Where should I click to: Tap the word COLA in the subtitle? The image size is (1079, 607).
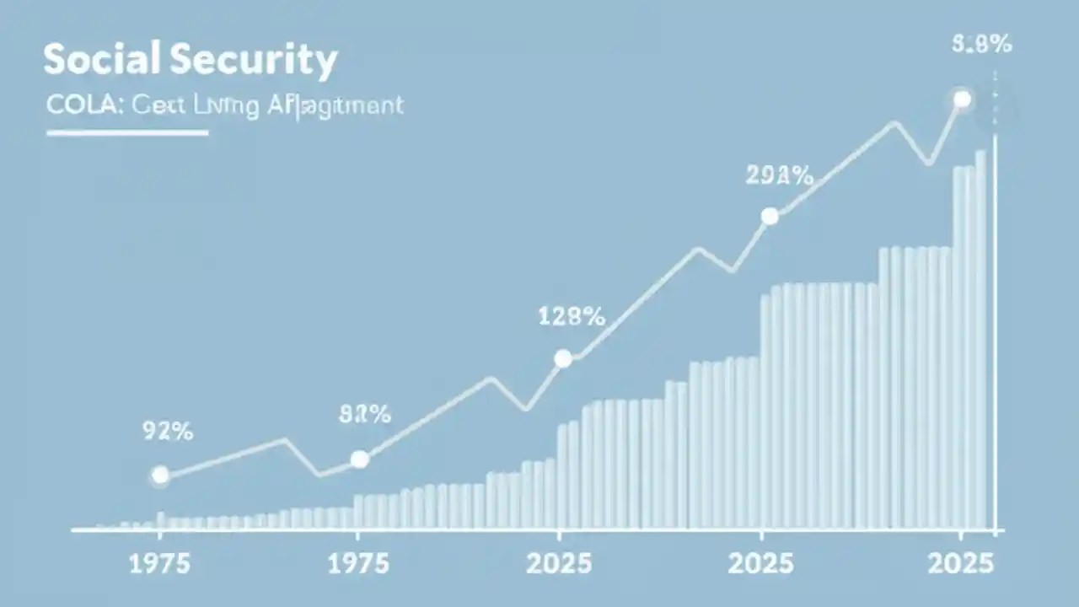click(x=73, y=106)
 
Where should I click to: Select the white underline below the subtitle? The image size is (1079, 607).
click(x=126, y=132)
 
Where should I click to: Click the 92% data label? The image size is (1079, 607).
click(x=166, y=432)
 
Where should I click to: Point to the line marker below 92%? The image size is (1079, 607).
click(x=159, y=475)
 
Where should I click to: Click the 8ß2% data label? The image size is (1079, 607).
click(x=364, y=414)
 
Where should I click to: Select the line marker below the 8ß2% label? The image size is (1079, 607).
click(x=360, y=459)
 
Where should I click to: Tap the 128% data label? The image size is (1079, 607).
click(x=571, y=317)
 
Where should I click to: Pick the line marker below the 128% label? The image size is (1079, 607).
click(x=563, y=359)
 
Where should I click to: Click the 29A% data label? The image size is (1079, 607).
click(x=779, y=176)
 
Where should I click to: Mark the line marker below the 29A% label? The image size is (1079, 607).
click(x=770, y=217)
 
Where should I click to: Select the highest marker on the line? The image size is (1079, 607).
click(x=962, y=99)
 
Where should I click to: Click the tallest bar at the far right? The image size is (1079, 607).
click(x=980, y=337)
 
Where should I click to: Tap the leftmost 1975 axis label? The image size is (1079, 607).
click(x=159, y=564)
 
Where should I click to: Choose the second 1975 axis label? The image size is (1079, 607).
click(x=357, y=564)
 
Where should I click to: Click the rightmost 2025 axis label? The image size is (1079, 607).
click(x=960, y=564)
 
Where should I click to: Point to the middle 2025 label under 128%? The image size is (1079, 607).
click(x=559, y=564)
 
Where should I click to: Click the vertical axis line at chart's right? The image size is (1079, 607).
click(x=996, y=337)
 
